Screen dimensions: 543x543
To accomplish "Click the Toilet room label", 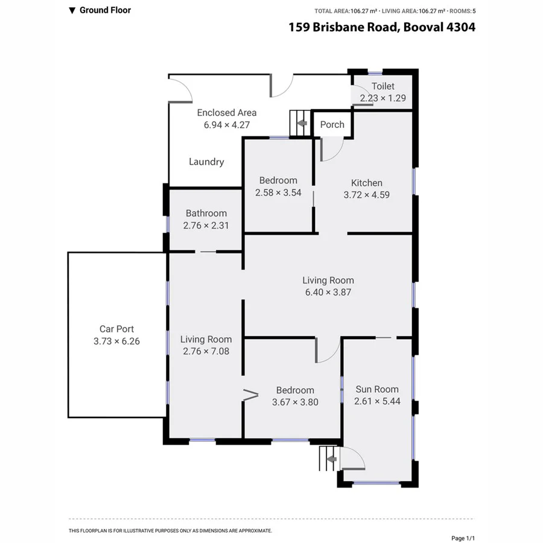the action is pyautogui.click(x=383, y=86).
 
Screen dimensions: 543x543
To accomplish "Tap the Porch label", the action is pyautogui.click(x=332, y=124).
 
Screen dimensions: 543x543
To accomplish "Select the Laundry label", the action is pyautogui.click(x=206, y=162).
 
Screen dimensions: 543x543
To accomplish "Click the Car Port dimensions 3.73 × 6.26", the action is pyautogui.click(x=117, y=341).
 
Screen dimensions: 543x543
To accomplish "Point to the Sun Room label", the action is pyautogui.click(x=377, y=389).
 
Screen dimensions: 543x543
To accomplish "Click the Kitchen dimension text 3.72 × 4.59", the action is pyautogui.click(x=367, y=195).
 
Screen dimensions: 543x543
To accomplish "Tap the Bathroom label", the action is pyautogui.click(x=206, y=213).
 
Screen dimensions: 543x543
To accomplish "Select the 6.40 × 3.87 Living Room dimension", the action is pyautogui.click(x=328, y=292).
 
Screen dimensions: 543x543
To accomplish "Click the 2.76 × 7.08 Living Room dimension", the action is pyautogui.click(x=206, y=351).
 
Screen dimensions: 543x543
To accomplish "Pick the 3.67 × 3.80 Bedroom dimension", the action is pyautogui.click(x=295, y=402).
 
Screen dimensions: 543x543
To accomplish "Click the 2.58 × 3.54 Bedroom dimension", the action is pyautogui.click(x=278, y=192).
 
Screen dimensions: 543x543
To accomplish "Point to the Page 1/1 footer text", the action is pyautogui.click(x=463, y=538).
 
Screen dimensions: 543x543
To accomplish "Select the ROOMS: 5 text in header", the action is pyautogui.click(x=462, y=11).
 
